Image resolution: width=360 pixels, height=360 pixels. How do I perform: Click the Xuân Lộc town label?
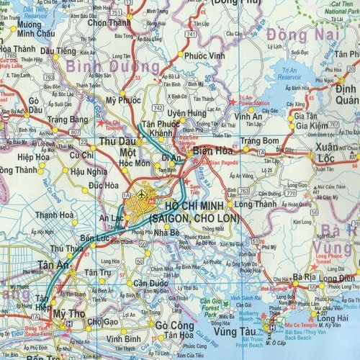(336, 156)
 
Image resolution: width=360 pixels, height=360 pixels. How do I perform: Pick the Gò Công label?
(174, 325)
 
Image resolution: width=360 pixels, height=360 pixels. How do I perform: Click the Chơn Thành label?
(108, 22)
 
